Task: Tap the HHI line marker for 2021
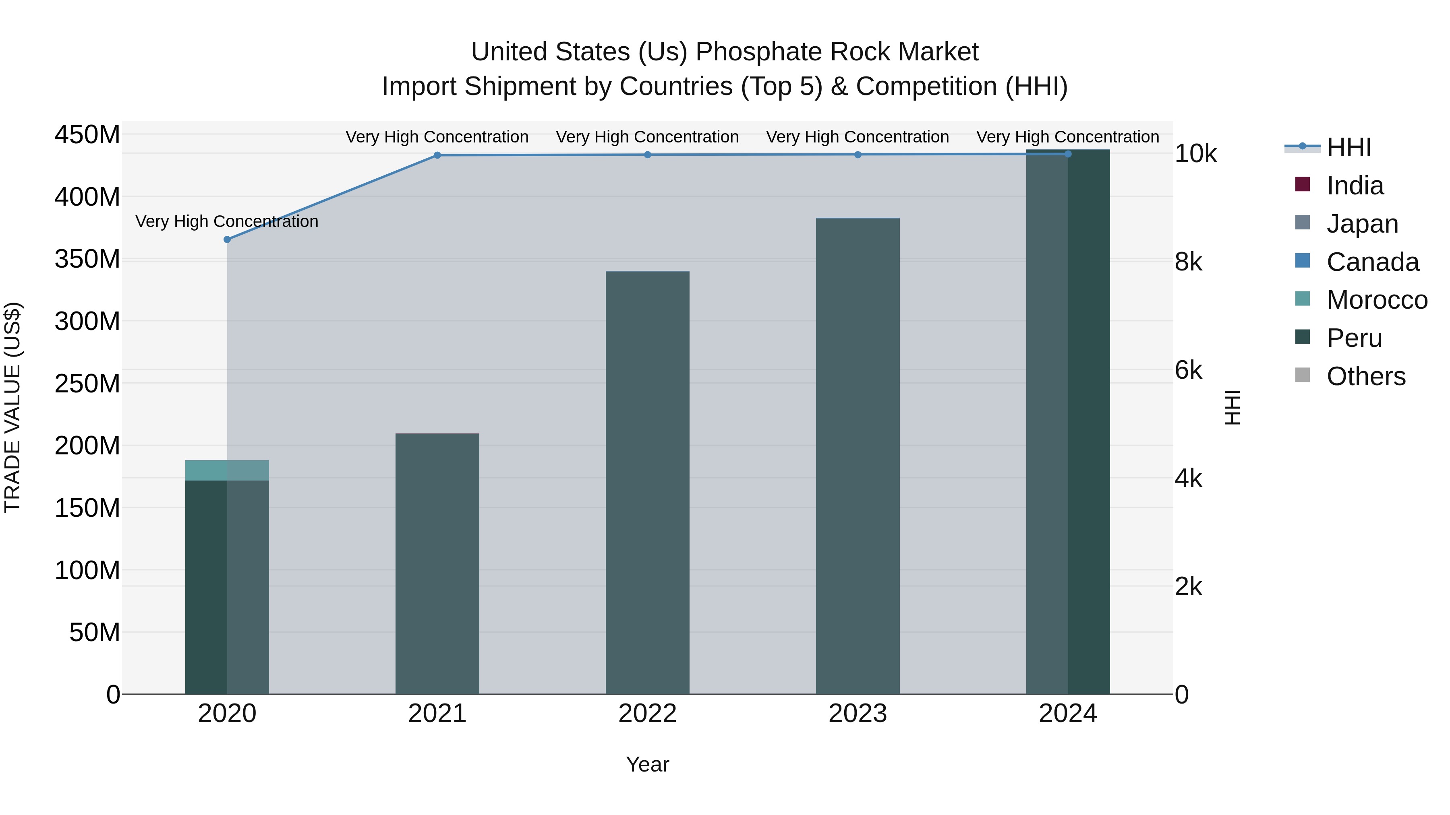(x=437, y=155)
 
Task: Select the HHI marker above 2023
(x=858, y=155)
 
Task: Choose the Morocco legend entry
(x=1377, y=300)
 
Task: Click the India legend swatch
(x=1303, y=184)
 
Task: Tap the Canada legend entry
(x=1372, y=262)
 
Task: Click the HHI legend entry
(x=1348, y=147)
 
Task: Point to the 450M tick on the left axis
(x=87, y=135)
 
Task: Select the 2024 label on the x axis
(x=1068, y=714)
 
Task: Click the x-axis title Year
(x=647, y=764)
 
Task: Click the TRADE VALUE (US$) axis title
(x=12, y=407)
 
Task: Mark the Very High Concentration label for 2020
(x=227, y=222)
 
